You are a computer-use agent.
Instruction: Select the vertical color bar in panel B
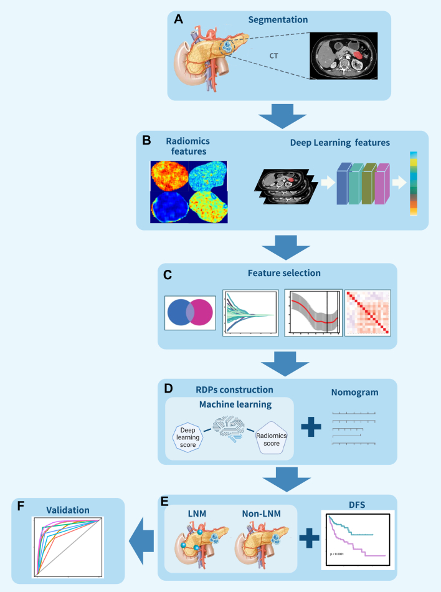(x=414, y=183)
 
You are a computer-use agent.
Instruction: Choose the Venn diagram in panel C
(x=191, y=313)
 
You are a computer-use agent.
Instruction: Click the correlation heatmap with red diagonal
(x=367, y=312)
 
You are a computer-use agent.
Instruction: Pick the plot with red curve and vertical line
(x=313, y=313)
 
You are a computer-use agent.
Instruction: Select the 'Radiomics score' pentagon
(x=271, y=437)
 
